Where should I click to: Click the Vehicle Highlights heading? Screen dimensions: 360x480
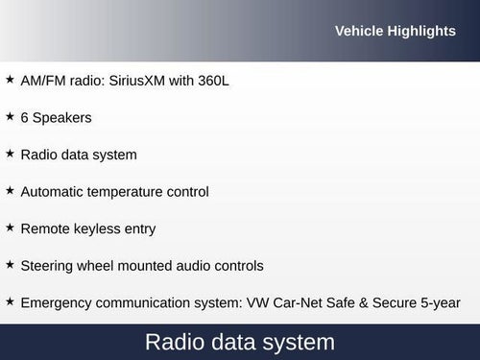(395, 32)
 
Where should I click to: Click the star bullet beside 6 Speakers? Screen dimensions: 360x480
(10, 116)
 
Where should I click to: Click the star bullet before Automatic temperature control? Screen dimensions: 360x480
(10, 190)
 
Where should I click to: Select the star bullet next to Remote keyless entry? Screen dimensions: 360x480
(10, 228)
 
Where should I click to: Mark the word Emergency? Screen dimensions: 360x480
(57, 303)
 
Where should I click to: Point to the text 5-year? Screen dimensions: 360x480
(441, 303)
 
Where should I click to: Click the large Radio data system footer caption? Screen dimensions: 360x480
(240, 342)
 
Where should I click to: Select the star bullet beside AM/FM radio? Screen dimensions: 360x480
(10, 79)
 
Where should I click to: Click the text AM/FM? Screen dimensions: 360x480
(43, 81)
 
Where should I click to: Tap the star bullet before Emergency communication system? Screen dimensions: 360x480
(10, 301)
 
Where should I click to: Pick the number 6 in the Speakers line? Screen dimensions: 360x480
(24, 118)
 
